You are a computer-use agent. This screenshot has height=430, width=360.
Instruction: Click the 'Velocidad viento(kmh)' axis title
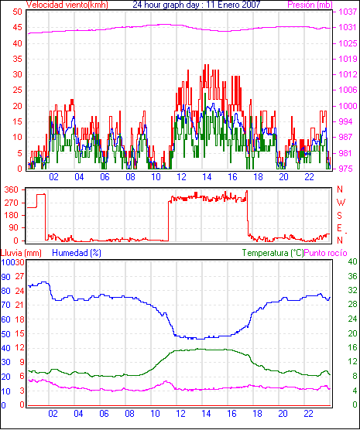coord(67,5)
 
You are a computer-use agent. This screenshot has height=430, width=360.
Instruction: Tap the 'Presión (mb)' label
coord(310,5)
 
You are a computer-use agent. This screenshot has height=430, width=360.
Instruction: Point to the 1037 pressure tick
coord(348,12)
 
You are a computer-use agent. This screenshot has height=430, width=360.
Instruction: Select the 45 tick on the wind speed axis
coord(18,27)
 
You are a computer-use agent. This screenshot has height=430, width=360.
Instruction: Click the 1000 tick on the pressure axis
coord(348,106)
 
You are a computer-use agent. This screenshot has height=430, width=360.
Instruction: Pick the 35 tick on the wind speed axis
coord(18,59)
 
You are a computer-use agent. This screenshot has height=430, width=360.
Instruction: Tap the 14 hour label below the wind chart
coord(207,177)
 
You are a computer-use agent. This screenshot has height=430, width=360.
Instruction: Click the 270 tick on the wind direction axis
coord(12,203)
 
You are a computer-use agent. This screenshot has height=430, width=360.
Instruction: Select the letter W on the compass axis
coord(341,203)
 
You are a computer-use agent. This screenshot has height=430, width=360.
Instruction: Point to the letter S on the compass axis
coord(339,216)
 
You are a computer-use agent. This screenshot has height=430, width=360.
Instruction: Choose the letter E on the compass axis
coord(339,228)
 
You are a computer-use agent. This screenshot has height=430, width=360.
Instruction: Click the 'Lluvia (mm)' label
coord(21,253)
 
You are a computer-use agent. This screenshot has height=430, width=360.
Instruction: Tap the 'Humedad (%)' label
coord(77,253)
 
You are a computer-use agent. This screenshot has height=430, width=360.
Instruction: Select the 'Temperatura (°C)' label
coord(273,253)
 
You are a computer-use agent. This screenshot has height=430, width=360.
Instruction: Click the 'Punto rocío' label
coord(326,253)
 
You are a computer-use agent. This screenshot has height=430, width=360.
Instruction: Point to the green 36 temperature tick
coord(352,276)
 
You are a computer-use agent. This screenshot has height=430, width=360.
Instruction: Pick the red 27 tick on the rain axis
coord(19,276)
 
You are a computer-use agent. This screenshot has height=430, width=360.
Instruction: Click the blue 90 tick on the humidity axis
coord(5,277)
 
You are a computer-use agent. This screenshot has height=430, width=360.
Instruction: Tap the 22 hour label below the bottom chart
coord(308,413)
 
